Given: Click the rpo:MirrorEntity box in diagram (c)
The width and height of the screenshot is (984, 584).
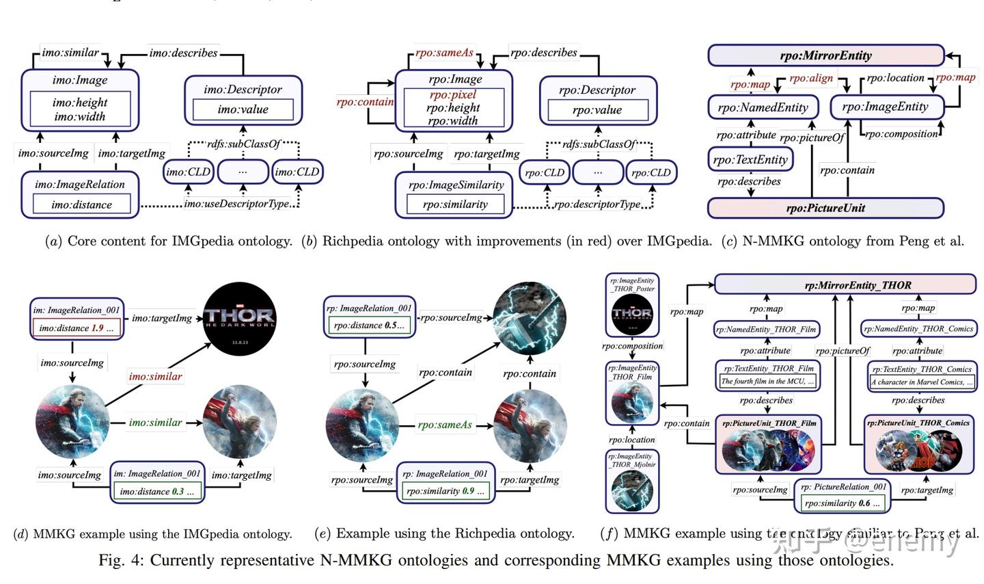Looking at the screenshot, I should coord(825,55).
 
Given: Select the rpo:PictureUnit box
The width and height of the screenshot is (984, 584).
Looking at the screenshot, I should coord(825,208).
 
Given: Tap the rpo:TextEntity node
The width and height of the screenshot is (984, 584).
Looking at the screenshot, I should coord(750,159).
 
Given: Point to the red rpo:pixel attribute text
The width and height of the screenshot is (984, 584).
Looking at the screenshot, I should coord(453,94).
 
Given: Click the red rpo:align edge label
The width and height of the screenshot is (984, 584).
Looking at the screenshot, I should coord(811,78).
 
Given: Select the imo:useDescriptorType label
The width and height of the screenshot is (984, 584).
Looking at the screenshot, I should coord(236,204).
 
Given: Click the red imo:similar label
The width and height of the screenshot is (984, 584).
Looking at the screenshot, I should coord(155,376).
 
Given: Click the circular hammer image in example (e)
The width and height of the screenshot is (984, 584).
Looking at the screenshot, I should coord(530,317).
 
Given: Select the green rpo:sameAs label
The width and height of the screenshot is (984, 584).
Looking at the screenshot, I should coord(445,425).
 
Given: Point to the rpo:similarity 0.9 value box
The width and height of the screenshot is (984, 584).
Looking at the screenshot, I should coord(445,491).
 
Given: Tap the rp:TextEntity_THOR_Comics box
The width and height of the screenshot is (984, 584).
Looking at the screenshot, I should coord(922,375).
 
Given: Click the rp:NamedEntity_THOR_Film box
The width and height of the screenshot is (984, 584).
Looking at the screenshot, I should coord(766,329).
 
